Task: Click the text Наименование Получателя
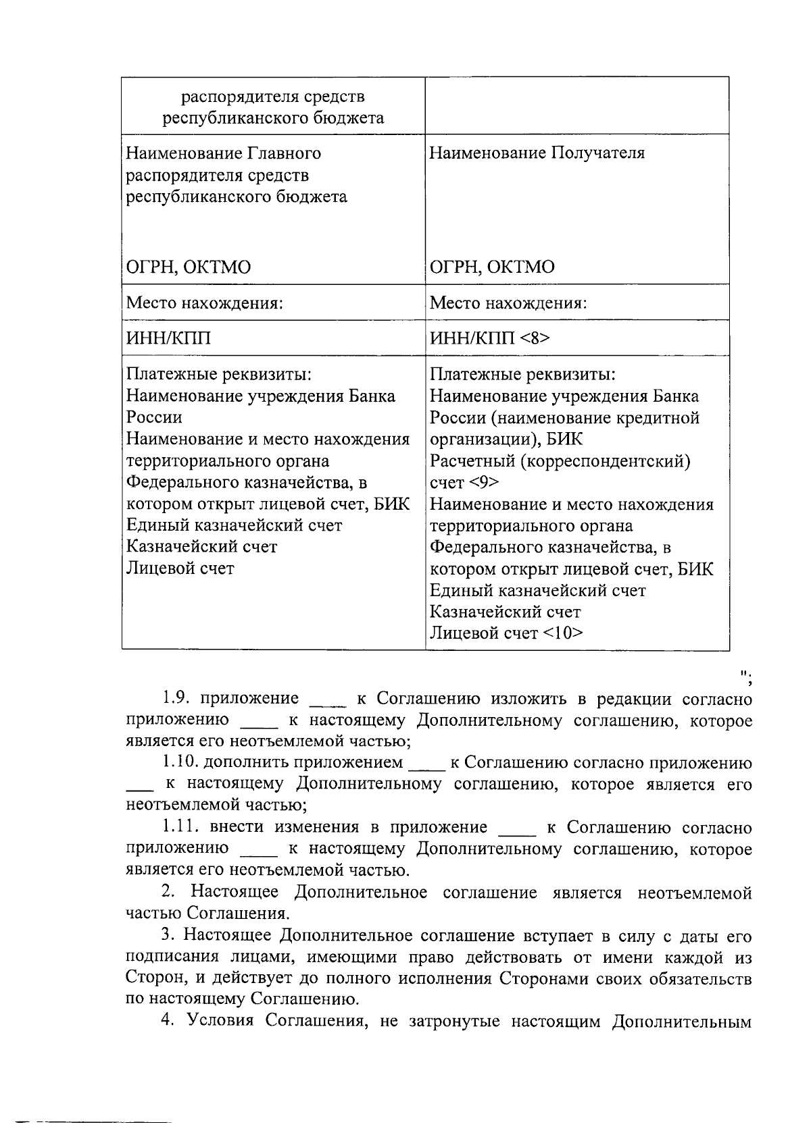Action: (537, 153)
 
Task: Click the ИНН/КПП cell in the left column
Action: (169, 338)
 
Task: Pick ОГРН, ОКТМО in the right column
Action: (493, 267)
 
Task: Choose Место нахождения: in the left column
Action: (204, 302)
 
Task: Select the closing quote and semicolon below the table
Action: (746, 677)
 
